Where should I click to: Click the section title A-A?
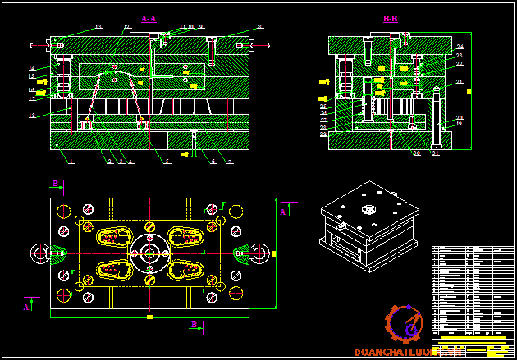pos(149,18)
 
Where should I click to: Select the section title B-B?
pos(390,18)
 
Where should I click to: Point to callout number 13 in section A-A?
pos(98,27)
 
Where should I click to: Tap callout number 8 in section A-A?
pos(260,27)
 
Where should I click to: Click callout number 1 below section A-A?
pos(71,162)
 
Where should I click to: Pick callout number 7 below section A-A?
pos(231,162)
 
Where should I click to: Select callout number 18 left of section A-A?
pos(31,116)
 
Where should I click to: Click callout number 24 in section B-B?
pos(460,47)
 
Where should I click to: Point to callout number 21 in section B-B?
pos(460,81)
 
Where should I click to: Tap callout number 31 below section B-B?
pos(435,153)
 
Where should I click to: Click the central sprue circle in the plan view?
pos(150,253)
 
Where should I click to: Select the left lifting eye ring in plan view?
pos(40,253)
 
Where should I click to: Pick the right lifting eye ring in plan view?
pos(260,253)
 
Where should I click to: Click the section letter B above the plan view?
pos(55,183)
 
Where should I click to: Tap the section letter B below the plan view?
pos(194,325)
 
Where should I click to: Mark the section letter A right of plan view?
pos(283,212)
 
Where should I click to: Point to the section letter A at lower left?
pos(26,307)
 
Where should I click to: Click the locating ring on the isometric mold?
pos(366,208)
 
